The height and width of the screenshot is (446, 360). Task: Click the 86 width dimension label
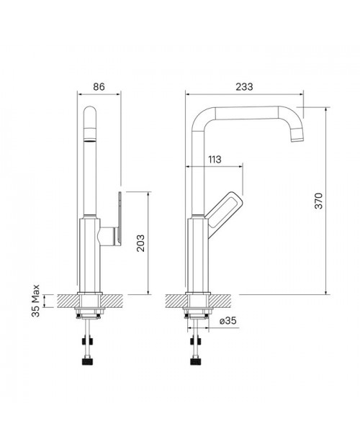[x=99, y=86]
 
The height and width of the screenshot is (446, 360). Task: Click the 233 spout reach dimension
[x=244, y=86]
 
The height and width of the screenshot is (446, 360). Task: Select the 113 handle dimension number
[x=215, y=159]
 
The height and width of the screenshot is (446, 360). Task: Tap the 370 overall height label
[x=319, y=201]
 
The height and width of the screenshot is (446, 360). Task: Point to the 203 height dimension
[x=140, y=243]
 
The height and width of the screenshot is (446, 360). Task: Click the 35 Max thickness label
[x=35, y=301]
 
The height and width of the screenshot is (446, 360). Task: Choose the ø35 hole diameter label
[x=228, y=321]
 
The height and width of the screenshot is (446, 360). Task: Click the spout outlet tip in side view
[x=298, y=138]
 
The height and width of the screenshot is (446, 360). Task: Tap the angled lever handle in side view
[x=225, y=211]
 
